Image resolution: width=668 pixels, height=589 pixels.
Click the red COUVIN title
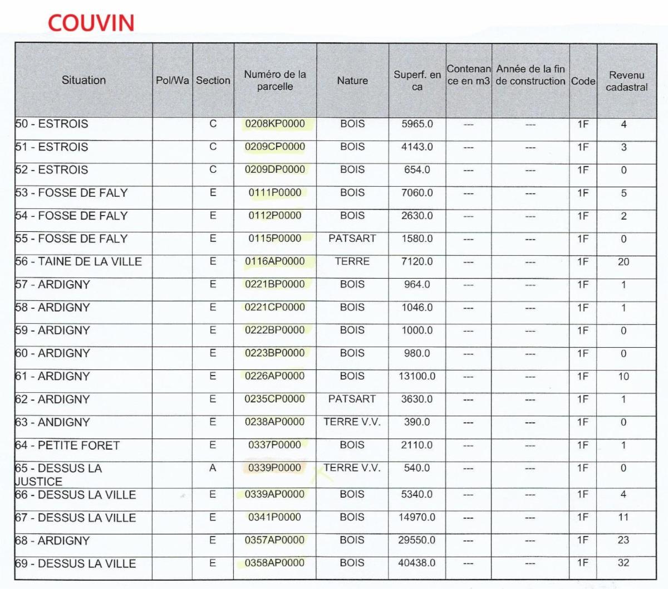(x=91, y=23)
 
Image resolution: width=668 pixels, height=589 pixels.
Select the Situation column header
(x=83, y=80)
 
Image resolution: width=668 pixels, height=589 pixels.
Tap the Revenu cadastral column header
(x=626, y=81)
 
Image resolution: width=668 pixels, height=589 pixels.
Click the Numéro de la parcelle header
(x=275, y=80)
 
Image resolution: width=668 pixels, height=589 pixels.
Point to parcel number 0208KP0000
(x=275, y=124)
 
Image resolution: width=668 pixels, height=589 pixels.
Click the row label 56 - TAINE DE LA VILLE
(x=78, y=261)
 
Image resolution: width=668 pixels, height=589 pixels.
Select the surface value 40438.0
(x=417, y=563)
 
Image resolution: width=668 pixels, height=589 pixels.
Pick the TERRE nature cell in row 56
(x=352, y=261)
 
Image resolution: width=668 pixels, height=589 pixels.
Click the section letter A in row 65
(x=213, y=468)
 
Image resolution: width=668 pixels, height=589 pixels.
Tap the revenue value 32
(x=623, y=563)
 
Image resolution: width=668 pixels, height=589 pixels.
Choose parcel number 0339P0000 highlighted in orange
(x=274, y=468)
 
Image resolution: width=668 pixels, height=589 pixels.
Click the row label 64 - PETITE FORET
(x=67, y=445)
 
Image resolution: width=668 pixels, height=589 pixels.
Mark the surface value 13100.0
(x=417, y=376)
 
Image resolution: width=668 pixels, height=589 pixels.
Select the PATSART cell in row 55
(x=352, y=238)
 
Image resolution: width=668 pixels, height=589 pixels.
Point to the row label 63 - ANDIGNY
(x=52, y=422)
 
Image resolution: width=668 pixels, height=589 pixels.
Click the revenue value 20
(x=623, y=261)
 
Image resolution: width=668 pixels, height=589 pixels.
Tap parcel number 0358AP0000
(x=275, y=563)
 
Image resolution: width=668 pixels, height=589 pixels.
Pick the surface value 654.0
(x=417, y=170)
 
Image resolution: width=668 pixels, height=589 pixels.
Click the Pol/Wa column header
(x=172, y=81)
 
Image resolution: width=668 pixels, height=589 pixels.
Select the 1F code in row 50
(x=583, y=124)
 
